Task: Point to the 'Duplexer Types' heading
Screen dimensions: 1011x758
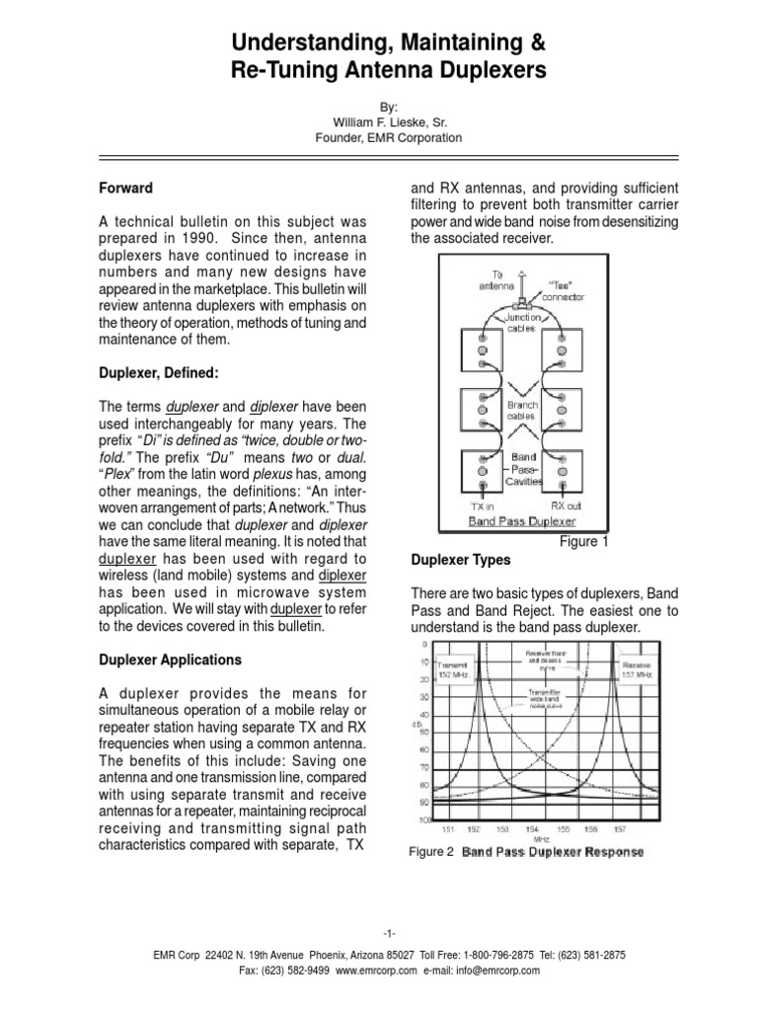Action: coord(460,560)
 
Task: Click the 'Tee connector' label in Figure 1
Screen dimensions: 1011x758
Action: coord(563,287)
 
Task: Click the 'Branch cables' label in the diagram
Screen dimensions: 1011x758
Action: coord(523,411)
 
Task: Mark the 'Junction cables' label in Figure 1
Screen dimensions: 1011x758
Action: coord(523,324)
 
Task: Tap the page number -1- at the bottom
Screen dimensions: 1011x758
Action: coord(379,934)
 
